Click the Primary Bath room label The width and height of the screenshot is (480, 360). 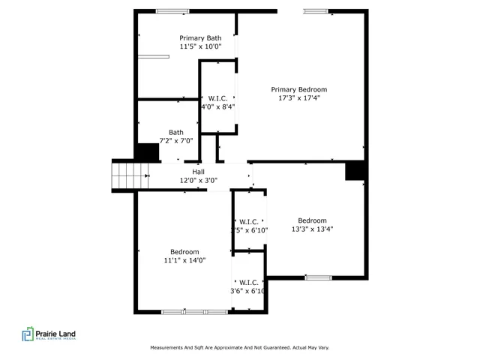click(x=200, y=37)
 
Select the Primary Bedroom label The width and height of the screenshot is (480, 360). click(x=298, y=89)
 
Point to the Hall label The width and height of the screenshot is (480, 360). click(x=198, y=172)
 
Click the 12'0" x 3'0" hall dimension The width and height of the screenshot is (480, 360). click(x=198, y=180)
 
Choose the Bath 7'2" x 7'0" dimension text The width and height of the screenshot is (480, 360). click(x=176, y=140)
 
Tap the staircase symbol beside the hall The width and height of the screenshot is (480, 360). click(x=129, y=178)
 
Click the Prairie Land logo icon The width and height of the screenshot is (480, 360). click(x=28, y=334)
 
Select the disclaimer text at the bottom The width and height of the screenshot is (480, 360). click(x=240, y=347)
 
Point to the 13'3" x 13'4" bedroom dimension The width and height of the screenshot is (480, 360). click(x=312, y=229)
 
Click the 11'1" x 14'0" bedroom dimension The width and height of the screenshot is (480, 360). click(x=184, y=260)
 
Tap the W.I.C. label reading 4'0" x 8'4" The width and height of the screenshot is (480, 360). click(x=217, y=106)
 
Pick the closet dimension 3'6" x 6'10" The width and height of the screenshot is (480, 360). click(x=248, y=290)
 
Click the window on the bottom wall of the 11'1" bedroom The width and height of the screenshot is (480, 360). click(x=194, y=311)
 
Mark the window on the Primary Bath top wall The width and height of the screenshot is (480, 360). click(x=172, y=10)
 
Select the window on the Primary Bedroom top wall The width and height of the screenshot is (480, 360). click(x=315, y=10)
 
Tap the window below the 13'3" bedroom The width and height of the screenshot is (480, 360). click(x=318, y=277)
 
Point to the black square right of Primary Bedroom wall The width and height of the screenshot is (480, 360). click(x=354, y=171)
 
